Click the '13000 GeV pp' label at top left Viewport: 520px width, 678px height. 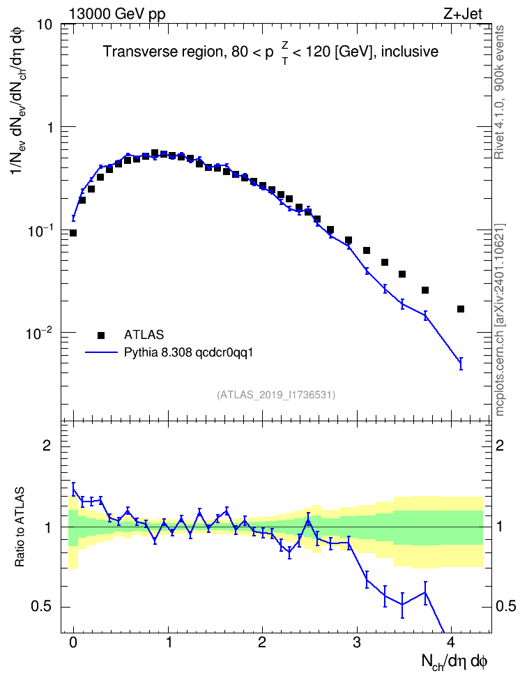[x=116, y=14]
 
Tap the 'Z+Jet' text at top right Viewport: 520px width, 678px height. [x=463, y=14]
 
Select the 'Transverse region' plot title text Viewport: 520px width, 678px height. [x=163, y=52]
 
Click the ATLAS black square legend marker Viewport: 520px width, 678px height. [x=101, y=335]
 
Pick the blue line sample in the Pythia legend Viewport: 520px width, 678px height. [x=102, y=352]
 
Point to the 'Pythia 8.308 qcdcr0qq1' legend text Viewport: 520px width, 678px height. [x=188, y=353]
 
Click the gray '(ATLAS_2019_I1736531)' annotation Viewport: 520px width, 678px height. [x=276, y=395]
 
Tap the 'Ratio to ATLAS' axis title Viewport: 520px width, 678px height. [x=20, y=527]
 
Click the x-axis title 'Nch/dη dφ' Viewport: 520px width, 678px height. [x=454, y=661]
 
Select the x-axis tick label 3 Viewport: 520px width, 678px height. [x=357, y=642]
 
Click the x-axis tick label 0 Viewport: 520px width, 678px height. [x=73, y=642]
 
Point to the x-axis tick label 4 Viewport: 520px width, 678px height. [x=451, y=642]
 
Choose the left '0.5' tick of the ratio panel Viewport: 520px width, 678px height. [x=41, y=607]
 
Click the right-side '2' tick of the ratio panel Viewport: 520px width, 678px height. [x=500, y=445]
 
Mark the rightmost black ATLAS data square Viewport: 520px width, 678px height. [x=461, y=309]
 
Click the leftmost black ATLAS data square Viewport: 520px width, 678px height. [x=73, y=233]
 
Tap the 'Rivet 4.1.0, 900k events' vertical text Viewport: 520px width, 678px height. [x=499, y=93]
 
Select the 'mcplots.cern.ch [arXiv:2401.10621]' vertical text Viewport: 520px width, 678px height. [x=500, y=319]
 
